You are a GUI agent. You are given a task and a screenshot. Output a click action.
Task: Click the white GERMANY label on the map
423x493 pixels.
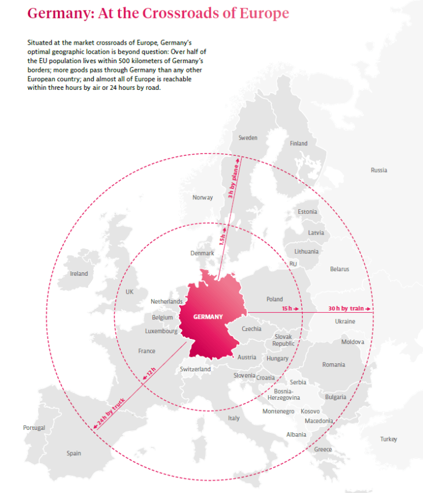pyautogui.click(x=207, y=317)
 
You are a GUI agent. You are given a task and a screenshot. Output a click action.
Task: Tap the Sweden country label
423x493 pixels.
pyautogui.click(x=248, y=138)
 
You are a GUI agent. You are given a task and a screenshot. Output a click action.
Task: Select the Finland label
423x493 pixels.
pyautogui.click(x=298, y=143)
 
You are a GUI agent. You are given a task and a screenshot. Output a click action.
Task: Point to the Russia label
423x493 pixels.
pyautogui.click(x=379, y=170)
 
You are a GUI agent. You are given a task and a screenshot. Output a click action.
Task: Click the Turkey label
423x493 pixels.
pyautogui.click(x=389, y=439)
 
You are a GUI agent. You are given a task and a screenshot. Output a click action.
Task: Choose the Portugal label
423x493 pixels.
pyautogui.click(x=34, y=428)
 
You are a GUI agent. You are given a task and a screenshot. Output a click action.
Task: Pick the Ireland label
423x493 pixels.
pyautogui.click(x=79, y=273)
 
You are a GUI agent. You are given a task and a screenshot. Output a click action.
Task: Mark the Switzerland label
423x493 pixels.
pyautogui.click(x=195, y=369)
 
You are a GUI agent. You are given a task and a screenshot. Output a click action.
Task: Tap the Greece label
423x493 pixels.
pyautogui.click(x=323, y=450)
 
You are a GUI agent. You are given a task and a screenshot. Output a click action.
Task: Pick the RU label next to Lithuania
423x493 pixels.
pyautogui.click(x=293, y=264)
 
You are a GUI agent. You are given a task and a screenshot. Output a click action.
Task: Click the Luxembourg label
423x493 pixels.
pyautogui.click(x=161, y=331)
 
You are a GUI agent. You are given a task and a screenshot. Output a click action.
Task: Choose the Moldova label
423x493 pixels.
pyautogui.click(x=352, y=342)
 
